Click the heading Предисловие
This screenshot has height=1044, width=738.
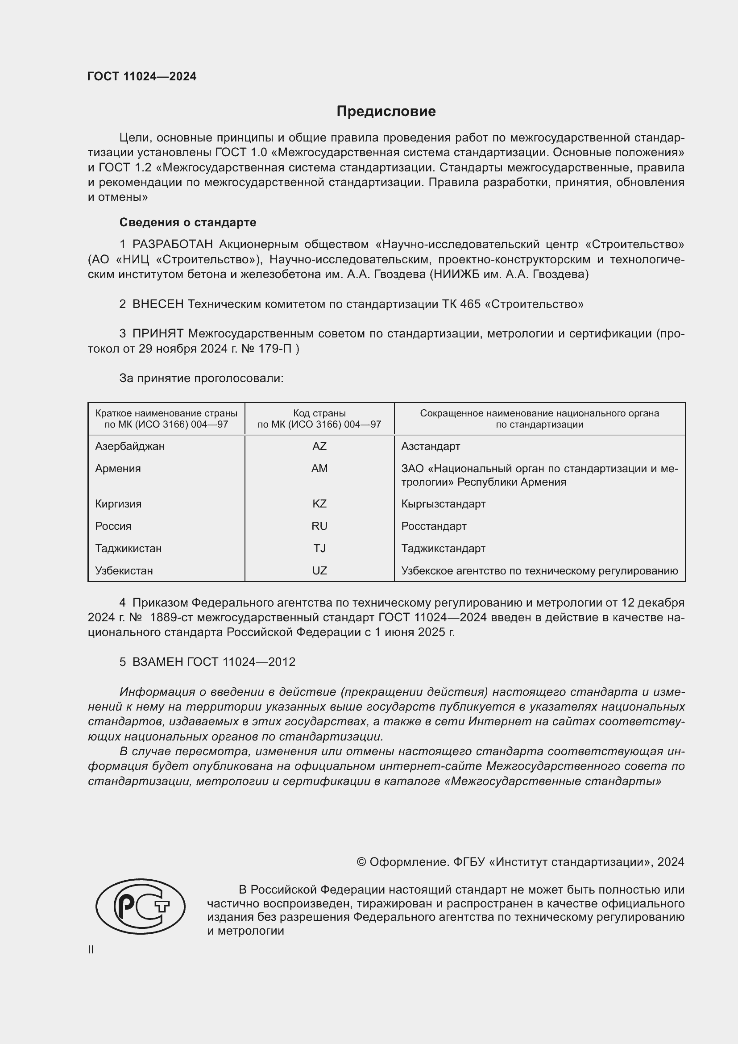point(386,112)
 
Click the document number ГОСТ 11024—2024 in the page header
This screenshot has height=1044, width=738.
point(142,76)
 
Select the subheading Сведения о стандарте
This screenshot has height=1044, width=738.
point(188,222)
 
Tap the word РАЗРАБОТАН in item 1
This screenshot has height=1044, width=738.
point(172,245)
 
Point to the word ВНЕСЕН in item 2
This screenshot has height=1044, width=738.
point(158,304)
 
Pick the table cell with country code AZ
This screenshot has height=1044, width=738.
point(319,446)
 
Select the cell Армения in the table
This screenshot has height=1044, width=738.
point(118,469)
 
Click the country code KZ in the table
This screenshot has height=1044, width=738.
point(319,504)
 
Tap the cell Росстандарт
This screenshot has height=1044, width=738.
point(434,526)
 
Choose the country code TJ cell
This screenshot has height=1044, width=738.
point(319,549)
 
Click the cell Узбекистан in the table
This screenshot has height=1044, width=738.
point(124,571)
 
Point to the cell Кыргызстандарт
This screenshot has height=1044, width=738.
point(443,504)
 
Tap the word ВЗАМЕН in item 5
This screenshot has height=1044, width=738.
point(158,662)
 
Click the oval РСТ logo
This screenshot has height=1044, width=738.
point(141,907)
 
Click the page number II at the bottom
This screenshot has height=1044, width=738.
point(91,950)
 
